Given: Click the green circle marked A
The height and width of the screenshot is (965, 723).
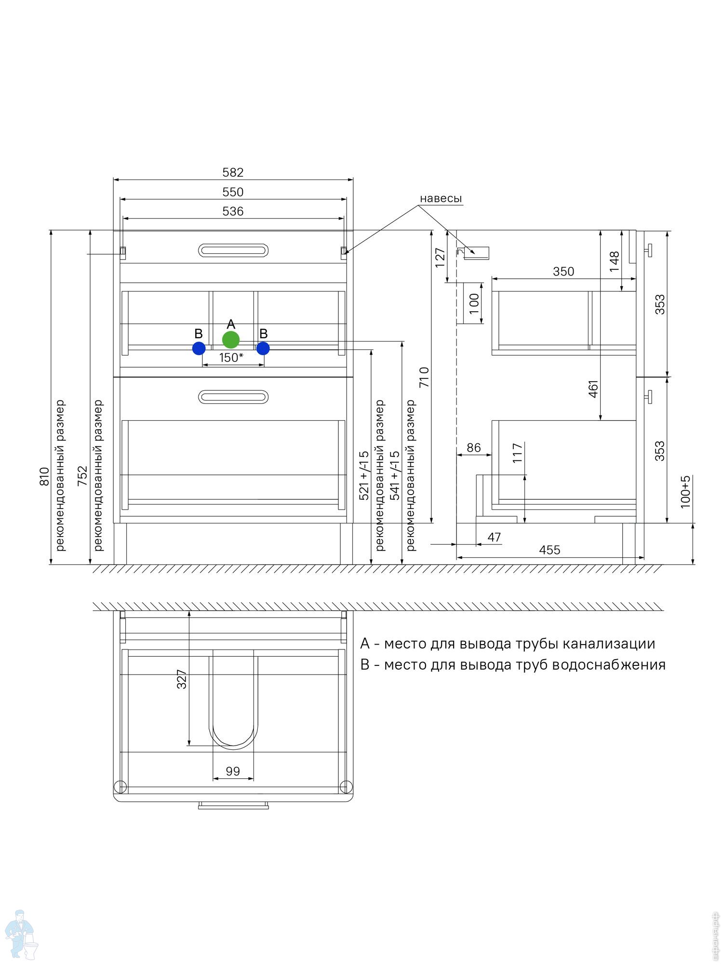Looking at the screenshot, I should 231,340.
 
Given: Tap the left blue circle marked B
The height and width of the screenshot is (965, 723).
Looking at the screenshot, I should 199,348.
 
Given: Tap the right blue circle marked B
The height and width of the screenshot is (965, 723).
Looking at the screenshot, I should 263,348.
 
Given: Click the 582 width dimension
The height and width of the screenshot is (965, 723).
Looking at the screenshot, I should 233,172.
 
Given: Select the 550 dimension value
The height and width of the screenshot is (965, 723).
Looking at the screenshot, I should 233,192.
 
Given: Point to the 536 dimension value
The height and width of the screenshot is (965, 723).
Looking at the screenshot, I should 233,211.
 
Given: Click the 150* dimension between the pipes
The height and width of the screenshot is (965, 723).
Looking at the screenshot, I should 231,358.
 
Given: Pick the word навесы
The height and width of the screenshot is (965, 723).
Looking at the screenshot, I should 441,198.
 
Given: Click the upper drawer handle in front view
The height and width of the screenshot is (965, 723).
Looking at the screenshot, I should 233,250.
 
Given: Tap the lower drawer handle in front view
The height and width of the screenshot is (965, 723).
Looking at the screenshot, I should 233,397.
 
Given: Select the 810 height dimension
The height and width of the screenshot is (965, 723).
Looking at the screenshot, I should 44,476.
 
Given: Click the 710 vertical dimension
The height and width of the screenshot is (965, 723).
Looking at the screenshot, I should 424,377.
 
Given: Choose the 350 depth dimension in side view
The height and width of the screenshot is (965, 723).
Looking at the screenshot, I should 563,272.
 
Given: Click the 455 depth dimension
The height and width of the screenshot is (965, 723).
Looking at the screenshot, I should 549,550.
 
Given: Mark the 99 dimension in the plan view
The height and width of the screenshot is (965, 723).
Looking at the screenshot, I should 233,771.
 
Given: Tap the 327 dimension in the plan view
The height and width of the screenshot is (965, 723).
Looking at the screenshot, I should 182,679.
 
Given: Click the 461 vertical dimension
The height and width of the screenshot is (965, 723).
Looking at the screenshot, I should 593,389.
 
